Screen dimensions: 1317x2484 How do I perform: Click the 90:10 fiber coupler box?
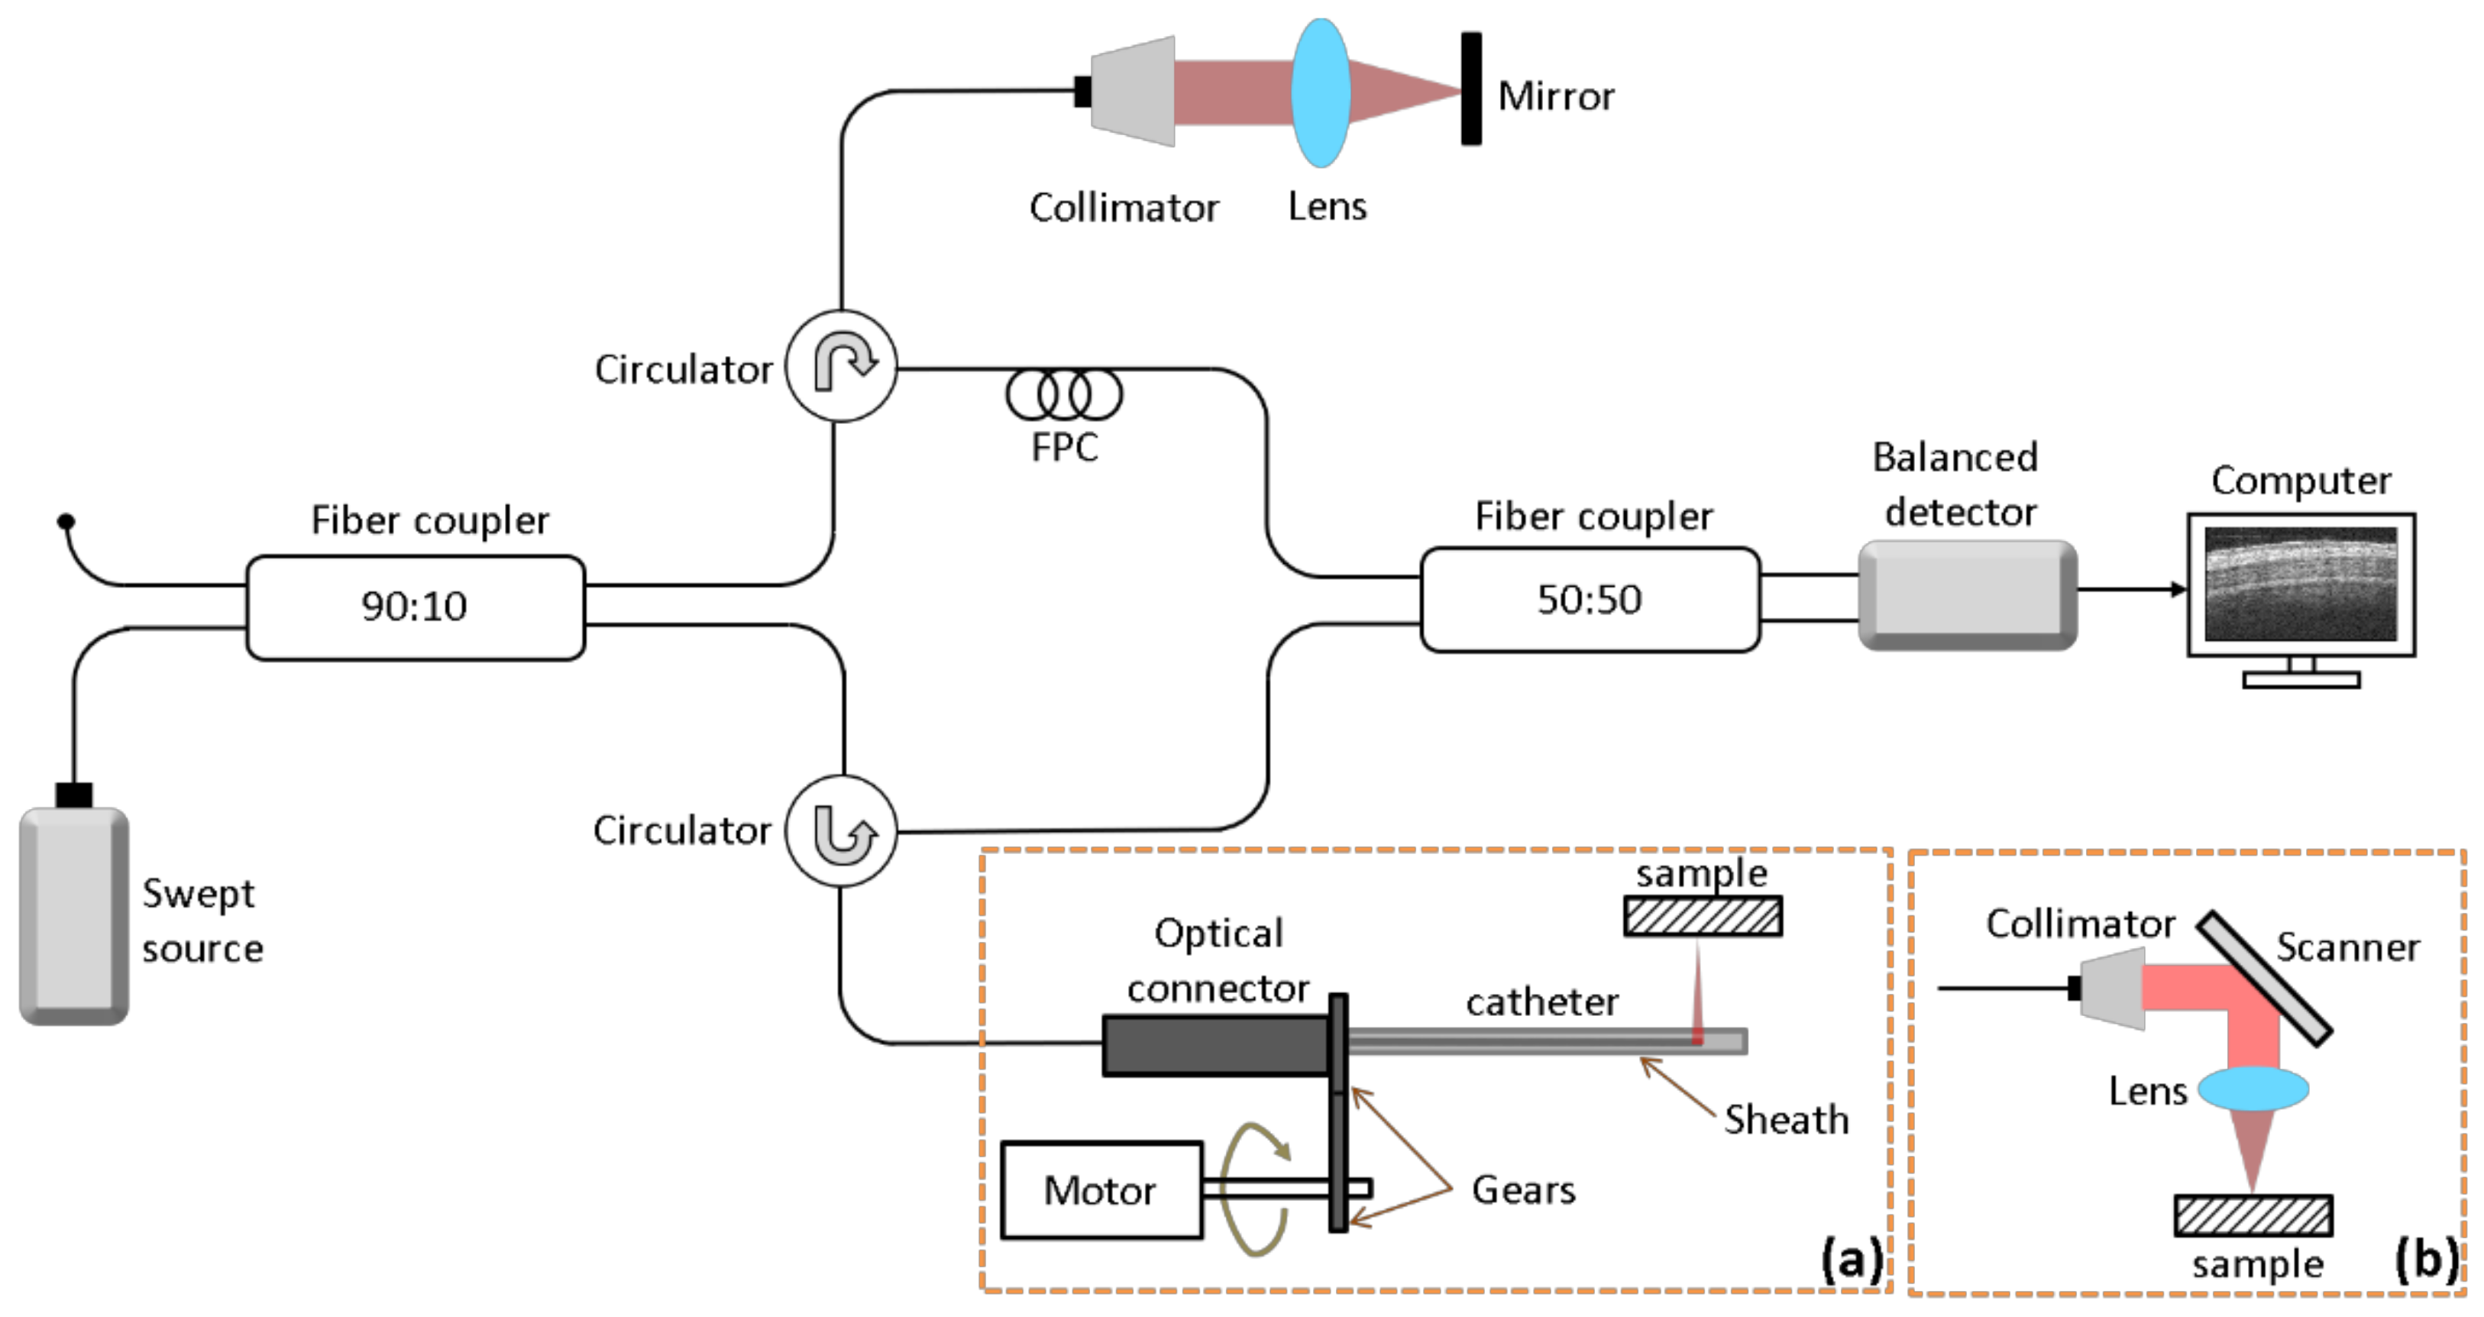pos(415,607)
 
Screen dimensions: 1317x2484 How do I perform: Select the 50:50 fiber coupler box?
pos(1589,600)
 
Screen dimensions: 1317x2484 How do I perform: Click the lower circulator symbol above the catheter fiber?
pos(841,831)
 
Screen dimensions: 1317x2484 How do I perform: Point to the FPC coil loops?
pos(1063,394)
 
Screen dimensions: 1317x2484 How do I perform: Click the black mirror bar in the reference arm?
pos(1470,89)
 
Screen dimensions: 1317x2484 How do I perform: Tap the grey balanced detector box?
pos(1966,595)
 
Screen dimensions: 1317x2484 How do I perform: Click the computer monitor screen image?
pos(2300,584)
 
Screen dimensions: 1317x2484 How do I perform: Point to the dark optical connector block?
pos(1215,1044)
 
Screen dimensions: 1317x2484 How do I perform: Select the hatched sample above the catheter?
pos(1702,916)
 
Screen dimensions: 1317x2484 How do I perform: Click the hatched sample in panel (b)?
pos(2253,1215)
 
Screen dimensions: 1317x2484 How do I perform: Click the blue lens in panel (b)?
pos(2253,1089)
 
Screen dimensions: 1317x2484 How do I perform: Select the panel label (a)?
pos(1849,1259)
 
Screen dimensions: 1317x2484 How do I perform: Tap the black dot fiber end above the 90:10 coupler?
pos(66,522)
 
